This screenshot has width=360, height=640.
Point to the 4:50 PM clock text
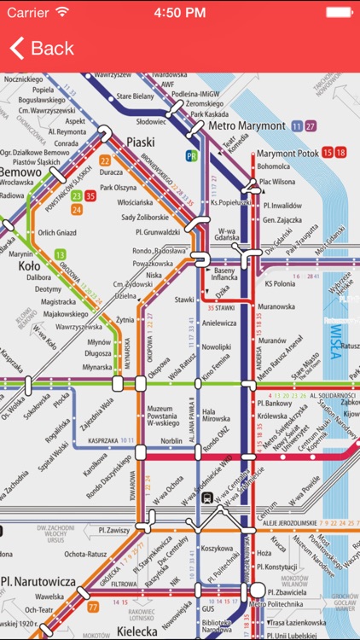(x=180, y=12)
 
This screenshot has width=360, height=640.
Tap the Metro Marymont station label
(x=247, y=125)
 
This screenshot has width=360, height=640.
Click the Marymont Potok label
(x=287, y=153)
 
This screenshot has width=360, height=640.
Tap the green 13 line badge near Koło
(x=61, y=254)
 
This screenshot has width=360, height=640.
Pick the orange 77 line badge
(x=93, y=608)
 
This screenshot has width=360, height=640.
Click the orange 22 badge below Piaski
(x=105, y=160)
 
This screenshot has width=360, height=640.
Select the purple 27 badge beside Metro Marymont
(x=311, y=125)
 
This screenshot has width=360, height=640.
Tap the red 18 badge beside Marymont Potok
(x=340, y=153)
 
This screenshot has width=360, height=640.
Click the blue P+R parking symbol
(x=192, y=156)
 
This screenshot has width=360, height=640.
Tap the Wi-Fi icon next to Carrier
(x=62, y=12)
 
